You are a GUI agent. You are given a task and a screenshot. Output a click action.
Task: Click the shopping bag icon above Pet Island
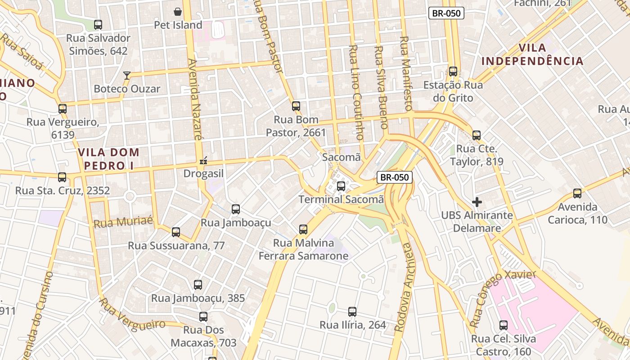click(x=178, y=11)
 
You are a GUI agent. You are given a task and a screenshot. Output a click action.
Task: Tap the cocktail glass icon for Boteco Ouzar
click(x=127, y=75)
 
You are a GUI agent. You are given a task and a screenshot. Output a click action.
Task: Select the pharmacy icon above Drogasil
click(x=203, y=160)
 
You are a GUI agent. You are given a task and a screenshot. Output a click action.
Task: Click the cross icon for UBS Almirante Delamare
click(x=477, y=202)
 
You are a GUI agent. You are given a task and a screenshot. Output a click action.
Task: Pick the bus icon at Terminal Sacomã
click(x=341, y=186)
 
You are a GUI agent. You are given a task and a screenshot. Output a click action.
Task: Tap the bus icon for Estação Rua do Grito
click(x=453, y=72)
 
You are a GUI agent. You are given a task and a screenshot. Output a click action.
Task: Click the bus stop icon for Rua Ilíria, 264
click(x=352, y=311)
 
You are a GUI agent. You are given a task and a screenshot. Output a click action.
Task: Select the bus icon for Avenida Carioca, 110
click(x=577, y=193)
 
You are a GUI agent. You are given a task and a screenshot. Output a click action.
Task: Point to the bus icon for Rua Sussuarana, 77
click(x=176, y=232)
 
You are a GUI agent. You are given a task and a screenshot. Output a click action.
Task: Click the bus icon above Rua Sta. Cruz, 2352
click(x=62, y=177)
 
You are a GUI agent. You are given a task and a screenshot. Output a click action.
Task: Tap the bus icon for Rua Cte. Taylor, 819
click(x=477, y=135)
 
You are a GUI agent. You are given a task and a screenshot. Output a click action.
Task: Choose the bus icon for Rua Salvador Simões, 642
click(x=98, y=25)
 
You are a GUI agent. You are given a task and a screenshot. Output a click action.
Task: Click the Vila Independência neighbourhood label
click(x=532, y=54)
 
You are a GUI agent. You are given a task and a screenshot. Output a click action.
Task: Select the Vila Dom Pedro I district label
click(x=109, y=159)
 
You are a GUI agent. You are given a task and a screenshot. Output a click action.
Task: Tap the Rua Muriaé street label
click(x=123, y=222)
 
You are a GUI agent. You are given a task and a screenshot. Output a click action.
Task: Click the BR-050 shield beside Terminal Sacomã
click(x=394, y=177)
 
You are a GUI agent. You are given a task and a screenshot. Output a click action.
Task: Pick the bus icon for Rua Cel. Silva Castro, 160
click(x=504, y=325)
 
